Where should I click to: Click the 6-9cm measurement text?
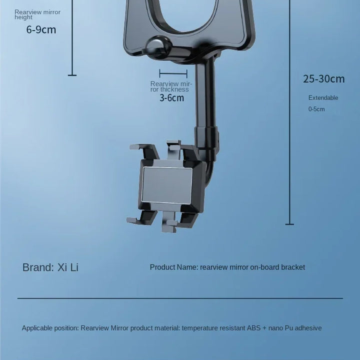(41, 30)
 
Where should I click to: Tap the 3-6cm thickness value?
(171, 98)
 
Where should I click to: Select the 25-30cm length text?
(323, 79)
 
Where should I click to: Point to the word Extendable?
(323, 98)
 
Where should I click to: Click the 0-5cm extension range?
(316, 109)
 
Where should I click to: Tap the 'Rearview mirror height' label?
(37, 14)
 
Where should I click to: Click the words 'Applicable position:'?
(50, 328)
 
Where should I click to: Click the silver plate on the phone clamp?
(167, 185)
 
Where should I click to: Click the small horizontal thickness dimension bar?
(173, 73)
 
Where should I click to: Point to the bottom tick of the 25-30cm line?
(289, 224)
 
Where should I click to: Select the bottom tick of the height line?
(72, 75)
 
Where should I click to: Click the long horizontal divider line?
(180, 298)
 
